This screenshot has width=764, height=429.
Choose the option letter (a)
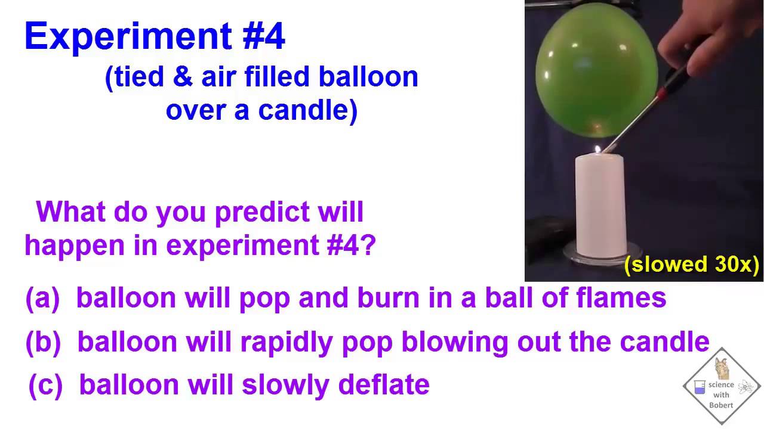click(42, 298)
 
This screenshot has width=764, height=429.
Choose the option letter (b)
click(42, 342)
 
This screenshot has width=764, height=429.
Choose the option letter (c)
click(45, 386)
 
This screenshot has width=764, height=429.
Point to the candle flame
click(597, 148)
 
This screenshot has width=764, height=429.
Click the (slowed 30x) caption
click(691, 264)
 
